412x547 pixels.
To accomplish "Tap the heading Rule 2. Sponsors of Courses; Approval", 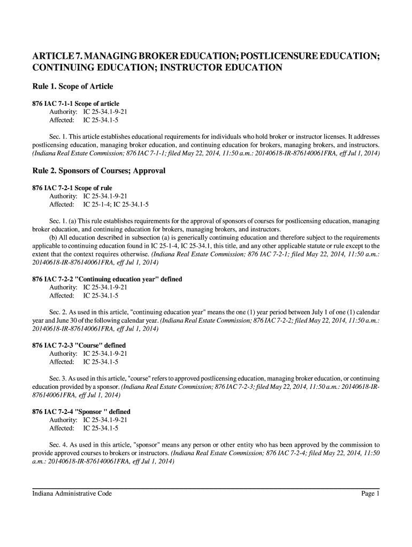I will (x=99, y=171).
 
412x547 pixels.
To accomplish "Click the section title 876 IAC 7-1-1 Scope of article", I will (x=76, y=103).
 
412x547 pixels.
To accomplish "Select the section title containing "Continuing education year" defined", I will (x=107, y=279).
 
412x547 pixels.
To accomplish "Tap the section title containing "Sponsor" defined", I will (x=81, y=412).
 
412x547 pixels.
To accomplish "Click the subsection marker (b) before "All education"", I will (x=54, y=237).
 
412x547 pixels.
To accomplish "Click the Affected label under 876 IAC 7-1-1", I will (x=62, y=120).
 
